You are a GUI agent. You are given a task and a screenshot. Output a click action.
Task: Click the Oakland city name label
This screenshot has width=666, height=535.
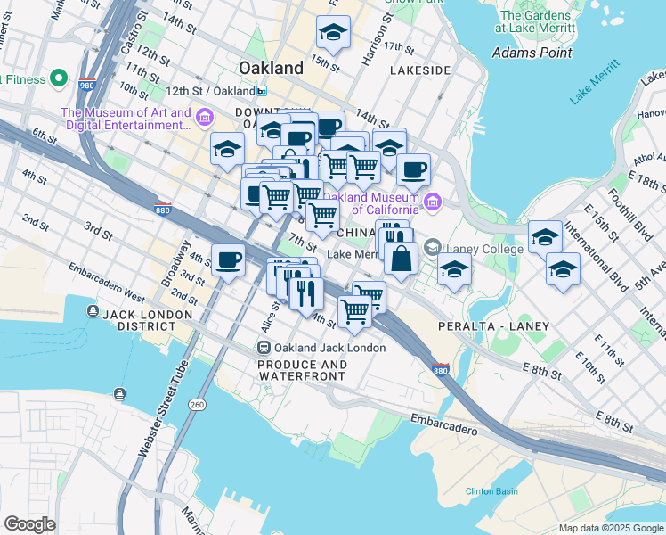coord(272,68)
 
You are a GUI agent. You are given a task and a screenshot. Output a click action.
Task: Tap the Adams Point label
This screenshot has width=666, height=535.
coord(532,53)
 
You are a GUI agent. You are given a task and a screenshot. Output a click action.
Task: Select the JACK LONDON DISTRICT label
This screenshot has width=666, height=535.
coord(147,315)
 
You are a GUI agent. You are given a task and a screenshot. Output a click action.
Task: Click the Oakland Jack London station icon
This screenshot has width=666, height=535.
coord(264,347)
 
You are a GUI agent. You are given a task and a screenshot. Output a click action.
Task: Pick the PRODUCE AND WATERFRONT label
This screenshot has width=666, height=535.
coord(302,371)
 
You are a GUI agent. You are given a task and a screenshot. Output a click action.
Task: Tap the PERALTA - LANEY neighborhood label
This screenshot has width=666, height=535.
coord(493,326)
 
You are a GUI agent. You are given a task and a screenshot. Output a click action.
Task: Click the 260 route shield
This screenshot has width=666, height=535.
coord(196,403)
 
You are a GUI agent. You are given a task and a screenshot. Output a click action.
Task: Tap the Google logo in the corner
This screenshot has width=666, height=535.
coord(29,524)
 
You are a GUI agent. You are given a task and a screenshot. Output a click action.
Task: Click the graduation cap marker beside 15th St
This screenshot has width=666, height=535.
coord(334,34)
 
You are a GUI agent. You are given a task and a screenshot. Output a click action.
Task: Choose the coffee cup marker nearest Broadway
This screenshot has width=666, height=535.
coord(228,260)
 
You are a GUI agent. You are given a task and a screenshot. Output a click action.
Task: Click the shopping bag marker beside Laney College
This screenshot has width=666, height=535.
coord(402,259)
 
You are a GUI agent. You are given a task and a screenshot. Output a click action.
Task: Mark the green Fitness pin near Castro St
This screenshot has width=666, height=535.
coord(60,78)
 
